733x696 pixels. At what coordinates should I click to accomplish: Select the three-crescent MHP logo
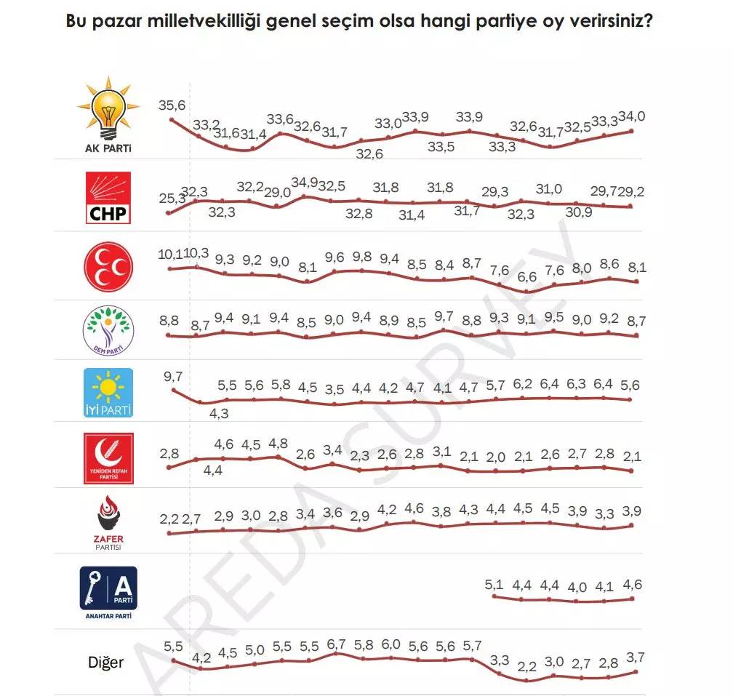click(x=108, y=267)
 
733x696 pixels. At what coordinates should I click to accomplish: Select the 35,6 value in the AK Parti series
click(x=172, y=105)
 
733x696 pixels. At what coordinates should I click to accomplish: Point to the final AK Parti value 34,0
click(x=632, y=116)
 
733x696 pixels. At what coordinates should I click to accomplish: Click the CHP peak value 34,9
click(x=305, y=182)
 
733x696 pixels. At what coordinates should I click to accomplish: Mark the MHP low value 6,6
click(x=526, y=276)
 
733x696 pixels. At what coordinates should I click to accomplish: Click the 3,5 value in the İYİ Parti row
click(x=334, y=389)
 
